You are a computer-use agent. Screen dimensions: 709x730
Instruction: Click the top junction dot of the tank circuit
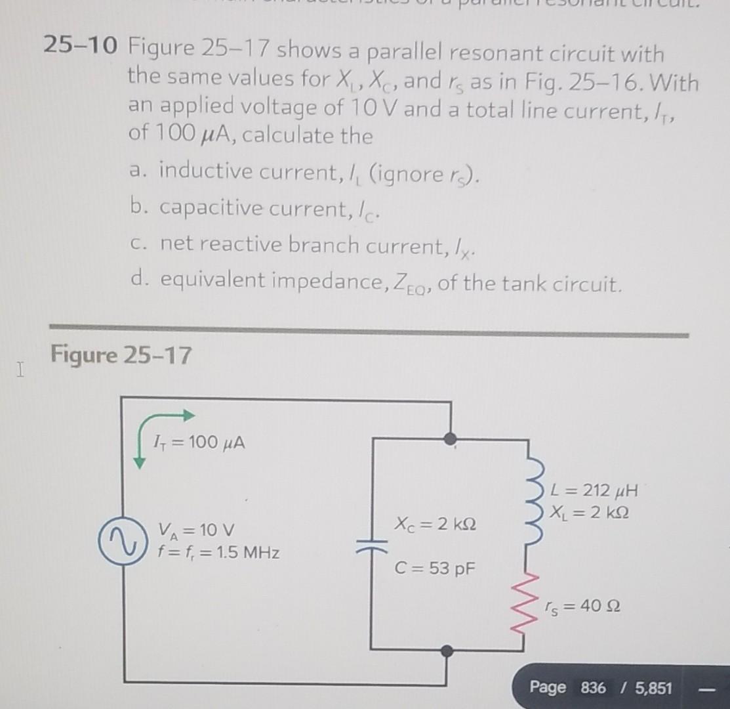tap(450, 438)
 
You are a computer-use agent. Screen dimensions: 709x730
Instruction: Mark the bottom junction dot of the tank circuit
tap(447, 651)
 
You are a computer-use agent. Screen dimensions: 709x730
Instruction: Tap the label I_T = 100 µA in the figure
tap(197, 442)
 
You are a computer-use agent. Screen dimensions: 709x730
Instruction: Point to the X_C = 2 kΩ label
tap(435, 525)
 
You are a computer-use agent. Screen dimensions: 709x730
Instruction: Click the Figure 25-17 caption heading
tap(121, 356)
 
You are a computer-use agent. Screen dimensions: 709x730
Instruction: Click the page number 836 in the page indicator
tap(593, 688)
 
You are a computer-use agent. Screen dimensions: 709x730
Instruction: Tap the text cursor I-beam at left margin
tap(22, 372)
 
